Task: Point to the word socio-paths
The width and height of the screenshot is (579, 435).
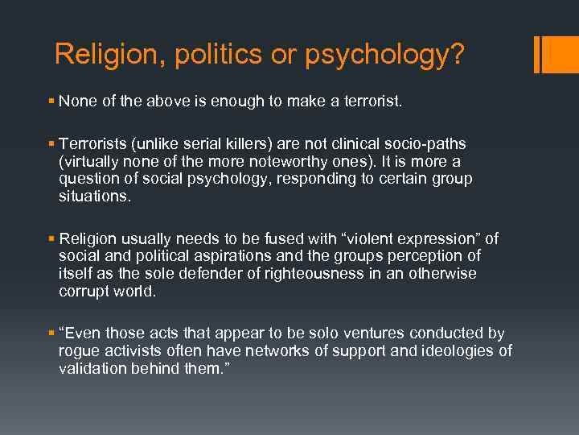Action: click(427, 144)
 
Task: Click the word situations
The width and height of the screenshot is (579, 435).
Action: click(93, 196)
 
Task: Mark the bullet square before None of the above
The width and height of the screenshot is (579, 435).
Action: click(51, 101)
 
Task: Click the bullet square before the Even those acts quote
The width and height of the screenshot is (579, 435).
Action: click(51, 333)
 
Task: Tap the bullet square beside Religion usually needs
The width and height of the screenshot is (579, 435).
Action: click(51, 238)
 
